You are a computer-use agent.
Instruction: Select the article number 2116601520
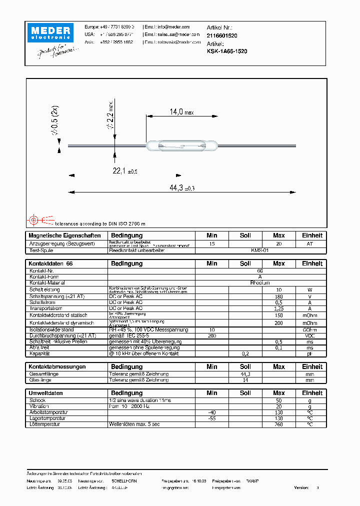point(222,36)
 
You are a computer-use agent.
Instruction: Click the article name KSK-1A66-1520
point(226,51)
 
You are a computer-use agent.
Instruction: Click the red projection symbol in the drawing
point(34,219)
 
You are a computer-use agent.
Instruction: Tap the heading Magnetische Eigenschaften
point(64,235)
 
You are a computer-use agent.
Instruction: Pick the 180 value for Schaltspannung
point(278,296)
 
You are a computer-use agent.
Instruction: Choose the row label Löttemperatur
point(44,424)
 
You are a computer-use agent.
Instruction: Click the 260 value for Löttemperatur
point(278,424)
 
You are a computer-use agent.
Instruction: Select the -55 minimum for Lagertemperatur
point(211,418)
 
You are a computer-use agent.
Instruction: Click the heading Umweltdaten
point(46,393)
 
